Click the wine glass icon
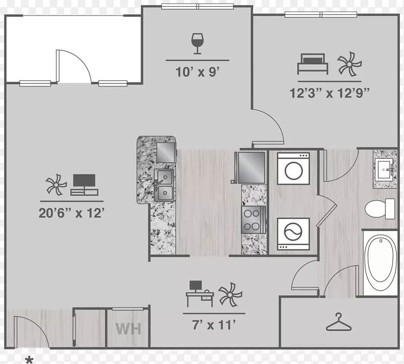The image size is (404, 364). click(197, 43)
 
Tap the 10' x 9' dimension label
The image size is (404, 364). click(197, 72)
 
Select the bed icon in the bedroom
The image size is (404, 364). click(313, 64)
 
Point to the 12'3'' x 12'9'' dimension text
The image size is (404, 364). click(330, 93)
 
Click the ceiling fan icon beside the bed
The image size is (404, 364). click(349, 64)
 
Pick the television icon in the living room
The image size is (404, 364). click(84, 185)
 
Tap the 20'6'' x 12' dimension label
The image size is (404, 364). click(71, 213)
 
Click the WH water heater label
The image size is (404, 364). click(128, 329)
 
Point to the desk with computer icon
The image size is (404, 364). click(200, 294)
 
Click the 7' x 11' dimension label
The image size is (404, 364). click(214, 325)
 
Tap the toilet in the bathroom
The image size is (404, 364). click(380, 209)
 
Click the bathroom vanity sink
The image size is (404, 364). click(384, 170)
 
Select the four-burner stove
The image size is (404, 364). click(254, 219)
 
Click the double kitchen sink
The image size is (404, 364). click(163, 185)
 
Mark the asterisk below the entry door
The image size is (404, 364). click(29, 359)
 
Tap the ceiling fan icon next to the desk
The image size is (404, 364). click(230, 294)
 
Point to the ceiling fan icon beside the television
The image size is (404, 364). click(56, 184)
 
